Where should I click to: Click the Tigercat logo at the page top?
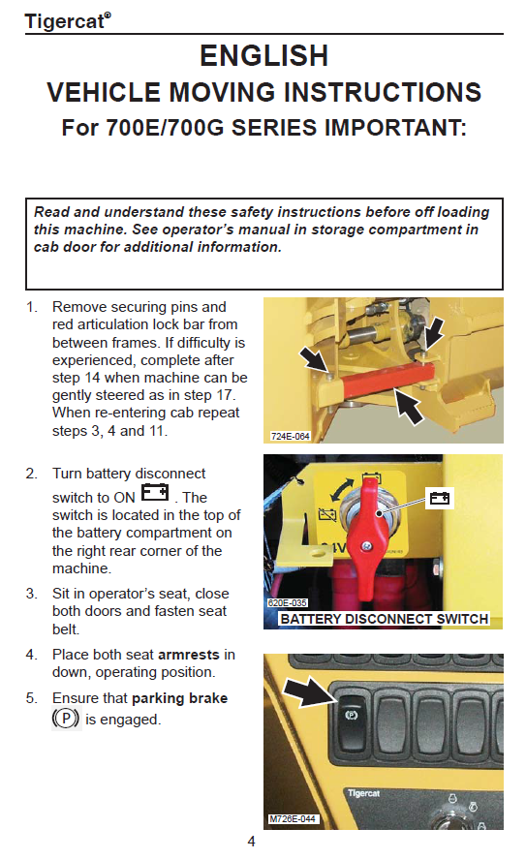[x=68, y=20]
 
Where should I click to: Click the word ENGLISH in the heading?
[x=263, y=56]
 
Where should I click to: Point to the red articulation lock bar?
[x=387, y=379]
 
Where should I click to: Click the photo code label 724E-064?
[x=290, y=436]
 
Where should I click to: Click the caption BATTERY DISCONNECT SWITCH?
[x=385, y=619]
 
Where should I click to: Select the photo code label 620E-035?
[x=287, y=602]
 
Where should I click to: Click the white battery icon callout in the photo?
[x=440, y=498]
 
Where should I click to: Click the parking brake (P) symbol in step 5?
[x=66, y=719]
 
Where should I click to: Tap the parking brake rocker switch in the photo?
[x=352, y=722]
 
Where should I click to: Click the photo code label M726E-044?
[x=293, y=818]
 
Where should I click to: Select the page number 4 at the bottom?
[x=252, y=842]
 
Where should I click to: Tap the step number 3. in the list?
[x=32, y=594]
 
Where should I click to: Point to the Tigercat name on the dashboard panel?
[x=363, y=793]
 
